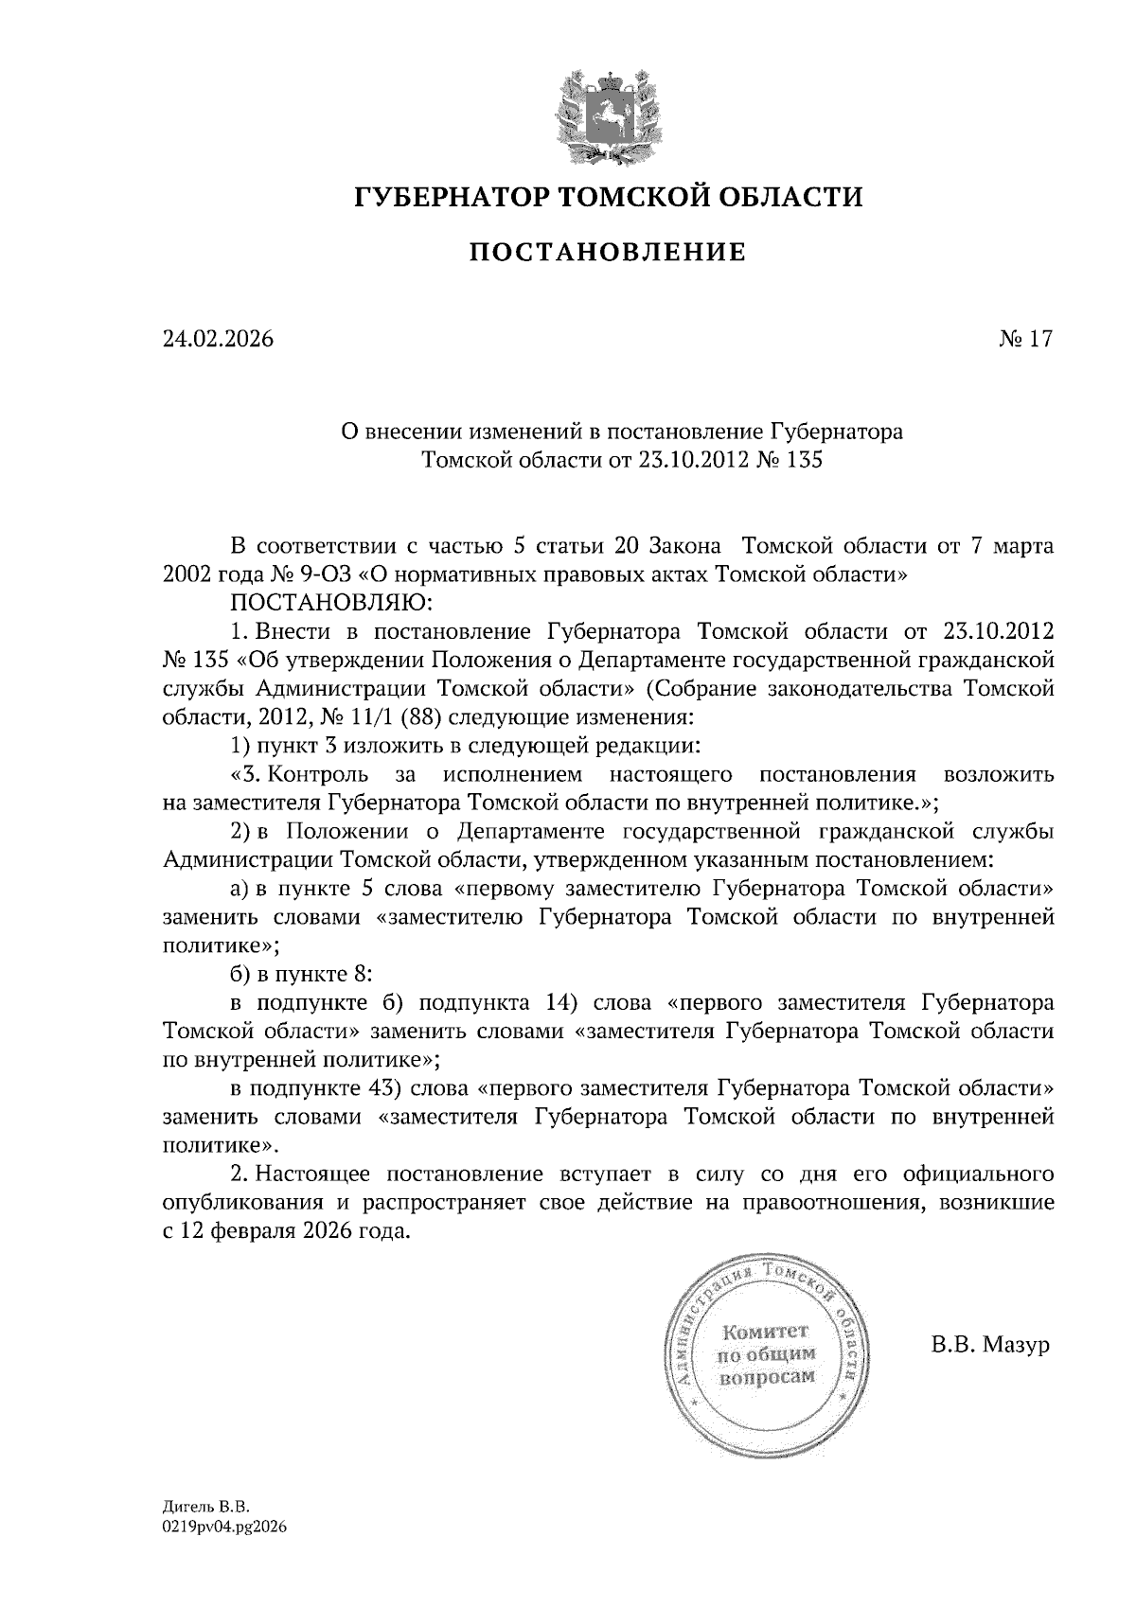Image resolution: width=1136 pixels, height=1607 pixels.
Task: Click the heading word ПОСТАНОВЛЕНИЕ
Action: click(609, 252)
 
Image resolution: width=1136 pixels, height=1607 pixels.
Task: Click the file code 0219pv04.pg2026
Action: click(223, 1527)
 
